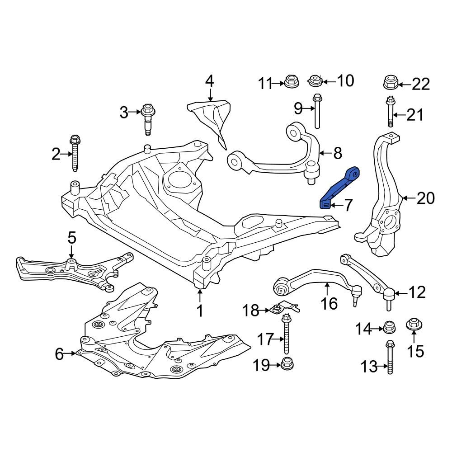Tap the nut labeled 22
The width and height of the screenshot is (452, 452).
pos(390,83)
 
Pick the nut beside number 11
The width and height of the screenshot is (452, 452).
pos(292,82)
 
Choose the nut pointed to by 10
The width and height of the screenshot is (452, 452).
pos(315,81)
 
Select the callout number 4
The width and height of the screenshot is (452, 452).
pos(209,81)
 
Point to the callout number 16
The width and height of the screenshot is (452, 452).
pos(330,303)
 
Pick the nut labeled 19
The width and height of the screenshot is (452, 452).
pos(286,363)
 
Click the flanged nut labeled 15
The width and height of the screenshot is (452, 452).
pos(414,325)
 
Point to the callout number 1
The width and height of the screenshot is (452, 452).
pos(199,311)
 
